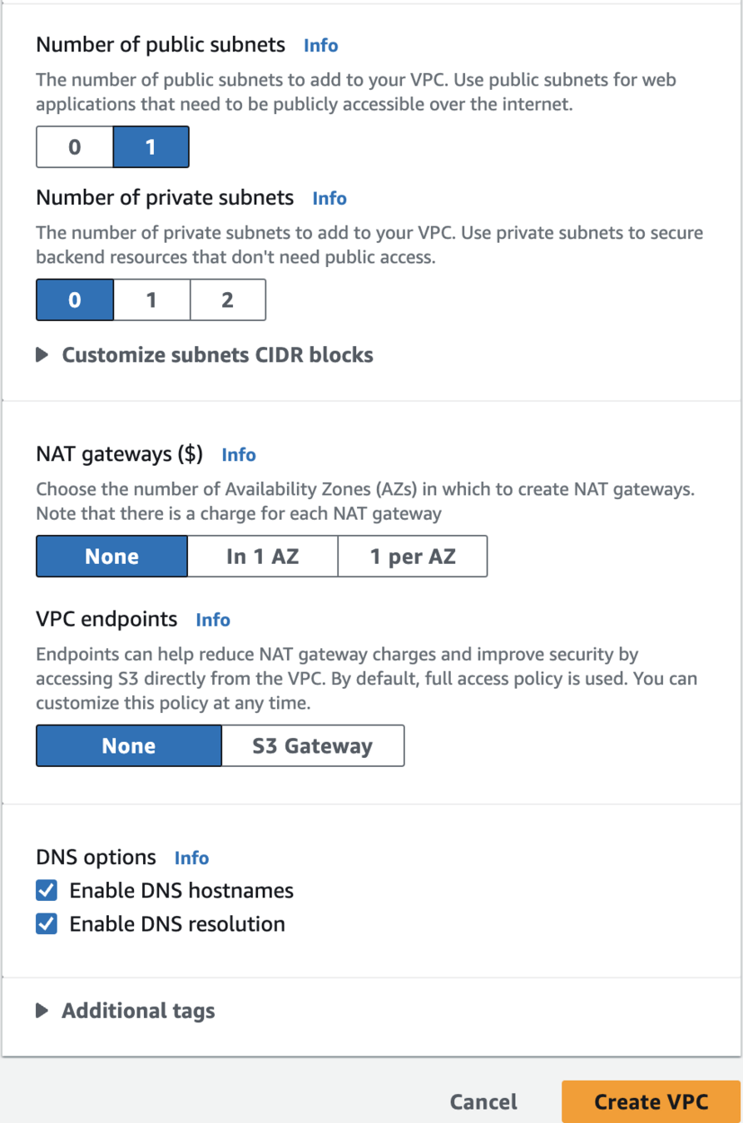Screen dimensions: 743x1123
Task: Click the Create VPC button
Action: [x=651, y=1102]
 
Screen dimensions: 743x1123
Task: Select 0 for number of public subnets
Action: [x=74, y=148]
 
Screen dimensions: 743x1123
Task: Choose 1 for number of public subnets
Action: [x=151, y=148]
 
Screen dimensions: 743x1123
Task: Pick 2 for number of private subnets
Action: [x=227, y=300]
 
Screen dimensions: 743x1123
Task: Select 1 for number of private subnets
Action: [x=151, y=300]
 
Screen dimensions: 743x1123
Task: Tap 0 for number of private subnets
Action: [x=75, y=300]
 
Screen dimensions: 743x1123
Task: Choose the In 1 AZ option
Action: [x=262, y=557]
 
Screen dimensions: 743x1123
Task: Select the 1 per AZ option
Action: [x=413, y=557]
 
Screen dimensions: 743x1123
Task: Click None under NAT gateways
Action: [x=111, y=557]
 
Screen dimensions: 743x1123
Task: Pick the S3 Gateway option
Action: [x=313, y=746]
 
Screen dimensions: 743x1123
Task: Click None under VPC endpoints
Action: [x=129, y=746]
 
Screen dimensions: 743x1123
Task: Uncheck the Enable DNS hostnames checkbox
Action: [x=47, y=891]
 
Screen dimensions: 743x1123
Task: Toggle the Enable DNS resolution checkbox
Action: [x=47, y=924]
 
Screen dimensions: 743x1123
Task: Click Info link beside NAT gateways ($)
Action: [x=239, y=455]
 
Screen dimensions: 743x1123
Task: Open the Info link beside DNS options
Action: [x=191, y=858]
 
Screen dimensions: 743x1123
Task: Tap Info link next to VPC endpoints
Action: [x=213, y=620]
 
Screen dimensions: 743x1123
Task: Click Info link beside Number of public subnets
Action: [x=321, y=45]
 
